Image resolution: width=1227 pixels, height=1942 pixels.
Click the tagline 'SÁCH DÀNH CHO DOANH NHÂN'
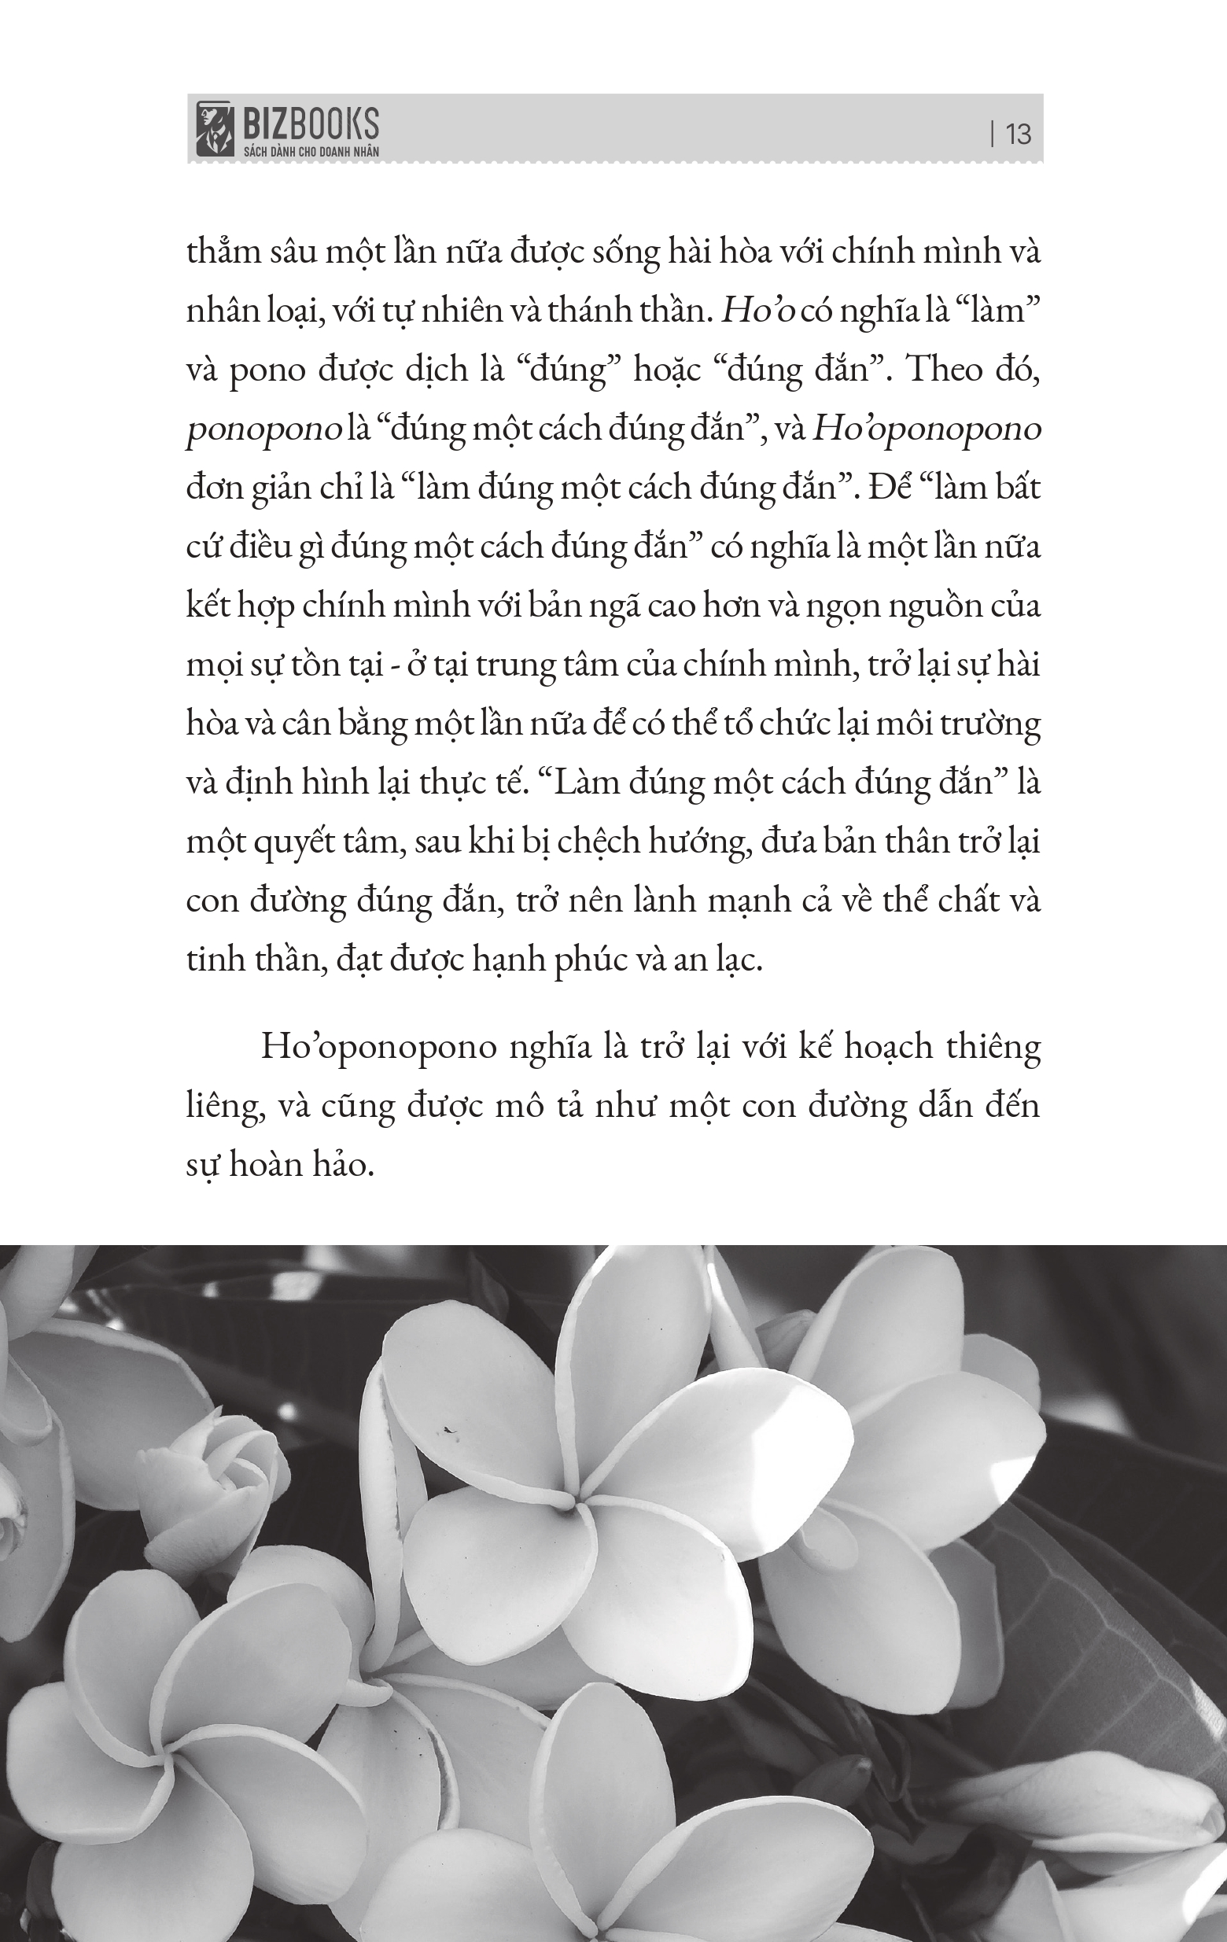311,151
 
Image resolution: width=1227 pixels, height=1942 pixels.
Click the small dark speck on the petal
446,1430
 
